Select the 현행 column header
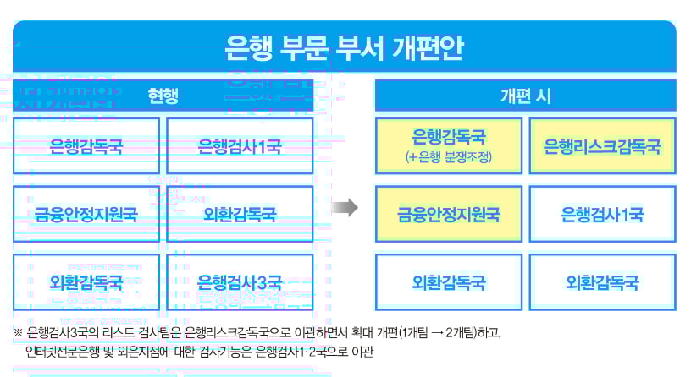coord(163,96)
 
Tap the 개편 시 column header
coord(525,96)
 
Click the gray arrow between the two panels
coord(344,208)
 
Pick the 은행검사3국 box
coord(240,281)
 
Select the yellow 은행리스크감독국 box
coord(602,146)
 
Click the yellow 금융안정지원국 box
coord(449,214)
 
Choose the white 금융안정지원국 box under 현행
coord(86,214)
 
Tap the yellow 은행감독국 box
coord(449,145)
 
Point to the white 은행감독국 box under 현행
coord(86,146)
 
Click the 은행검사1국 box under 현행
coord(240,146)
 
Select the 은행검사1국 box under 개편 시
coord(602,214)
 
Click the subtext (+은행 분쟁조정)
coord(449,157)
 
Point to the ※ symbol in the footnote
coord(19,331)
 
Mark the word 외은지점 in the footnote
coord(148,350)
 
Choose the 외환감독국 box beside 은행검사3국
coord(86,281)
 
